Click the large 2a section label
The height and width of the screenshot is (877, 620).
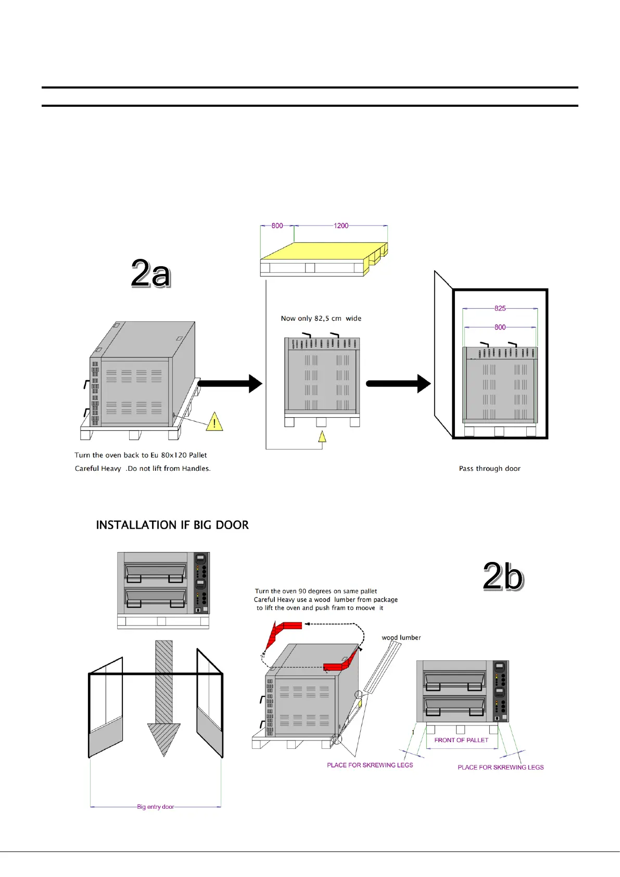150,273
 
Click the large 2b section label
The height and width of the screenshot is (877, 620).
502,576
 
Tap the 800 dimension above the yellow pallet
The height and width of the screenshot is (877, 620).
277,225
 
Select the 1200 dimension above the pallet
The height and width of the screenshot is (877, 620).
341,225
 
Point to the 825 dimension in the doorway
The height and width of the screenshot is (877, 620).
500,308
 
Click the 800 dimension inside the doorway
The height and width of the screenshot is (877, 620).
500,327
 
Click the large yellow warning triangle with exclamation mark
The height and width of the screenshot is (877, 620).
214,422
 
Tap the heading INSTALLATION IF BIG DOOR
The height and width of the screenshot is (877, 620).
172,525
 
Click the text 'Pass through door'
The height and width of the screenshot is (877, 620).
489,469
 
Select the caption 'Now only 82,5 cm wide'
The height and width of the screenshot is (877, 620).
321,318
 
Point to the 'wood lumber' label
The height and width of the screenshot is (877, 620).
401,637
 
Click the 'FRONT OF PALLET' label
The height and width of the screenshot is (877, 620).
461,740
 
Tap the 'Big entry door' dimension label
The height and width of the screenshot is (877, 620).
155,807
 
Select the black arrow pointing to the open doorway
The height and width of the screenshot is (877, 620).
398,384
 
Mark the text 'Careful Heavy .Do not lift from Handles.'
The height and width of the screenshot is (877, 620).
143,469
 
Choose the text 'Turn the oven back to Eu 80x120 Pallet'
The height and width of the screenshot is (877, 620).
141,455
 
